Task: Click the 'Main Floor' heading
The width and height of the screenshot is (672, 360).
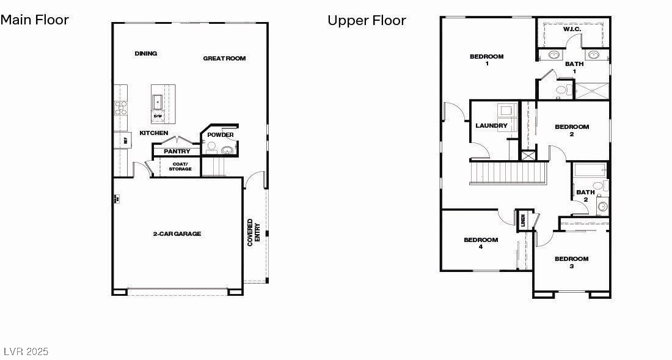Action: (x=34, y=20)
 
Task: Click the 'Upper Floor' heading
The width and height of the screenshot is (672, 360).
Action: (x=367, y=20)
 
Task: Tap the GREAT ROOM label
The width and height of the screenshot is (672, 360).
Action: (x=224, y=59)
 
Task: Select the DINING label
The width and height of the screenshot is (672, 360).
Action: (x=146, y=54)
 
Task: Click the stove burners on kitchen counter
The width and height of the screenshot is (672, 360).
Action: (x=120, y=108)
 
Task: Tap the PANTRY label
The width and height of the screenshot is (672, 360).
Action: (x=177, y=151)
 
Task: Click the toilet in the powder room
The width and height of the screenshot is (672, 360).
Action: (x=211, y=147)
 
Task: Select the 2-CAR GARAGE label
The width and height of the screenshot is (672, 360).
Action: (x=177, y=233)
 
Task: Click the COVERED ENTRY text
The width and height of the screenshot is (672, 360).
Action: (x=253, y=232)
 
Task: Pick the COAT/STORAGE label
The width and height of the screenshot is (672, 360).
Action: (x=180, y=166)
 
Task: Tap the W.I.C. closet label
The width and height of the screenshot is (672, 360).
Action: (x=572, y=29)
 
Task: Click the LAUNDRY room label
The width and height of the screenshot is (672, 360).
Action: (x=491, y=126)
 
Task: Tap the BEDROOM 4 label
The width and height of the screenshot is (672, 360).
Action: (x=481, y=243)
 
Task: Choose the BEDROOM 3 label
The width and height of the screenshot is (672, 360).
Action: (x=571, y=262)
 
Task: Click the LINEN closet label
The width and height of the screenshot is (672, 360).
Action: (x=523, y=219)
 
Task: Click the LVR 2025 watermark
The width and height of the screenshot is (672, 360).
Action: (x=26, y=351)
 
